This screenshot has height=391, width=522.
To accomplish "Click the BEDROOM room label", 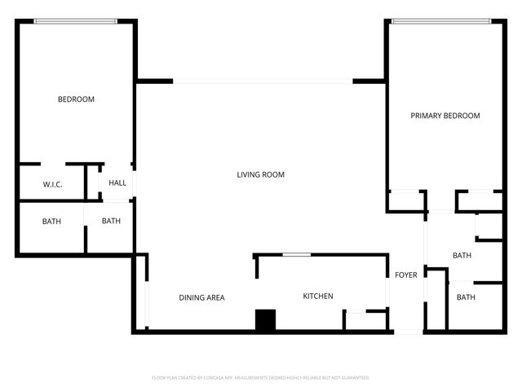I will (76, 99).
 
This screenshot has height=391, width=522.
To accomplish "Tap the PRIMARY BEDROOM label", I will (445, 116).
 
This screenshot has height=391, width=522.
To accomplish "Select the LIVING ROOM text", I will (260, 174).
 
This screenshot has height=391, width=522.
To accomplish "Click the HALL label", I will (117, 183).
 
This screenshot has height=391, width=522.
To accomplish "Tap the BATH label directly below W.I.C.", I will (52, 221).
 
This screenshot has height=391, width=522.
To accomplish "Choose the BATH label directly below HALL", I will (111, 221).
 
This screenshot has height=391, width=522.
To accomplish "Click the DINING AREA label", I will (201, 297).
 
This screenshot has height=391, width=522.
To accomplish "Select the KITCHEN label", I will (318, 296).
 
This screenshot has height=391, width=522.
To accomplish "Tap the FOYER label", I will (406, 275).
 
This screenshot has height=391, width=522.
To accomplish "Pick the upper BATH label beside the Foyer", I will (462, 256).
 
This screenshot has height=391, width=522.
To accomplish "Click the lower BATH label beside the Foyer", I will (466, 297).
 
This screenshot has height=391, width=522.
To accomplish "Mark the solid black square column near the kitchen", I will (266, 320).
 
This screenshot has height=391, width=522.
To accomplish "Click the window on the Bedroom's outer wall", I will (75, 21).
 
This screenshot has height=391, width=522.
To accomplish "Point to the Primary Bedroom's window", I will (440, 21).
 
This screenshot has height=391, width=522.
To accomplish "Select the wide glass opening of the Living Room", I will (263, 81).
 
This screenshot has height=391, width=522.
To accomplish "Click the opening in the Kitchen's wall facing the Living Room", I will (296, 256).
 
